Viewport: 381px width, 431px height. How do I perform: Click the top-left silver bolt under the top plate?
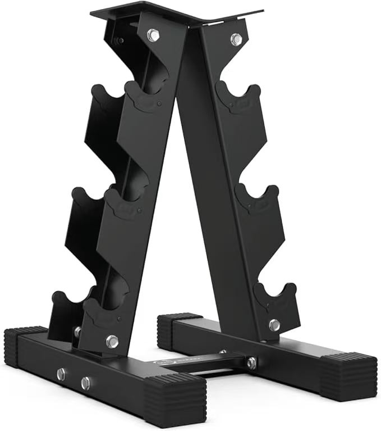click(x=153, y=35)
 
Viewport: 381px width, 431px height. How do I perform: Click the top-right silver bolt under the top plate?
click(x=236, y=39)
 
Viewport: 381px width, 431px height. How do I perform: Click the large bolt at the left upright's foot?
click(x=112, y=341)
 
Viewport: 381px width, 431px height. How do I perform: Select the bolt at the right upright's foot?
click(x=274, y=325)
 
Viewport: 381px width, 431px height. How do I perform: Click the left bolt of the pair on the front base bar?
click(x=61, y=374)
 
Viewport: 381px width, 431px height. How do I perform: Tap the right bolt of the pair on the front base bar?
click(x=85, y=383)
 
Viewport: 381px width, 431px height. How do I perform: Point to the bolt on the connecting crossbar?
click(x=251, y=363)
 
